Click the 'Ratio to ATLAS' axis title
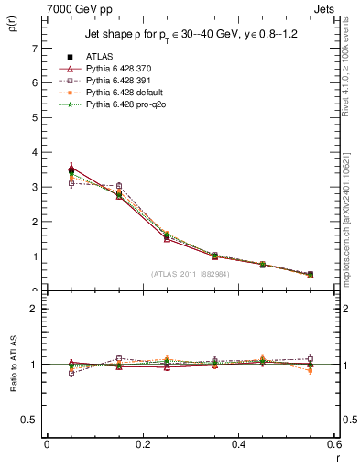(13, 363)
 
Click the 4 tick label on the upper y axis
(34, 152)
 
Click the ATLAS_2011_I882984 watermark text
(189, 274)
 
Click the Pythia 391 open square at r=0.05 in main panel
(46, 183)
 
